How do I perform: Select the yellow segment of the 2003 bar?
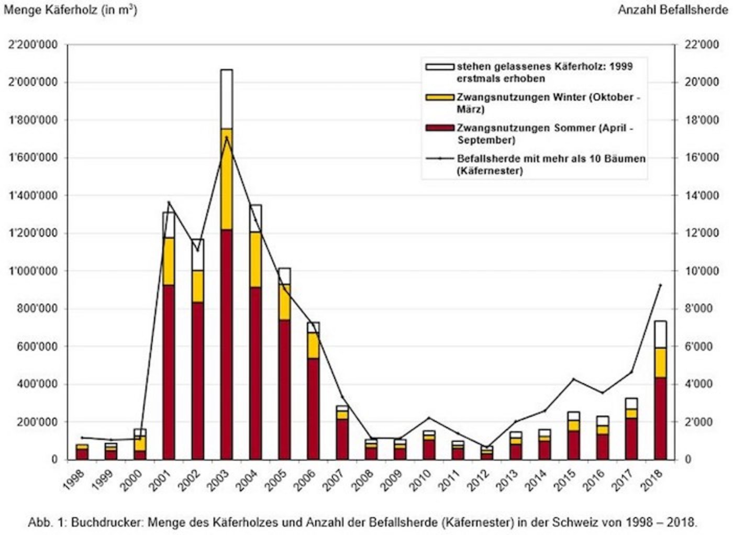(x=226, y=179)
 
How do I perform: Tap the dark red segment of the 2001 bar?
(x=169, y=372)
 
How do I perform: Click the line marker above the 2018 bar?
(x=660, y=285)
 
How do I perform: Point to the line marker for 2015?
(x=574, y=379)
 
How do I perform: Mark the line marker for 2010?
(x=429, y=418)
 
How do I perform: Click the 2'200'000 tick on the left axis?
(x=32, y=45)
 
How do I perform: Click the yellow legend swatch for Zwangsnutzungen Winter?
(x=439, y=98)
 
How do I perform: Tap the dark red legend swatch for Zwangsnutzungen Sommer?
(x=439, y=128)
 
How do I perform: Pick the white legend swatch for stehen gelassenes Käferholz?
(x=439, y=67)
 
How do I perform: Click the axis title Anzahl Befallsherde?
(x=672, y=10)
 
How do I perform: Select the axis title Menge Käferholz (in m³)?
(x=70, y=10)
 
